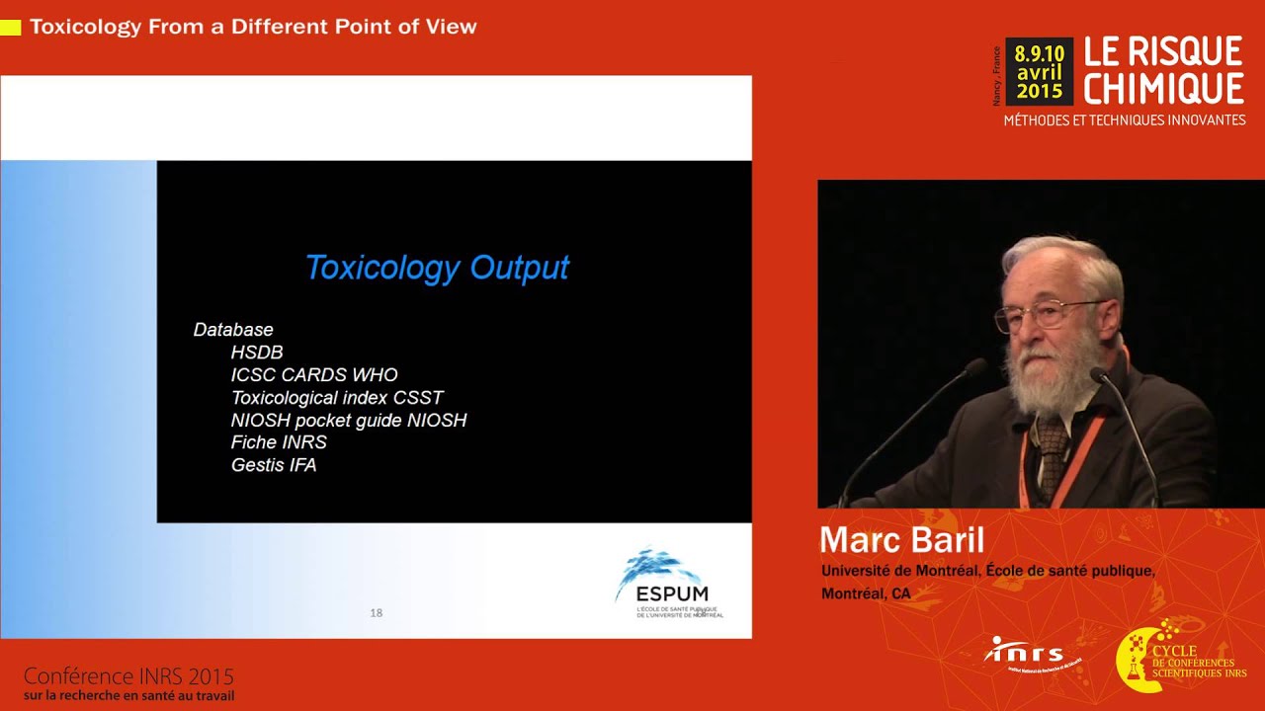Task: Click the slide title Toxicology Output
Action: [x=437, y=268]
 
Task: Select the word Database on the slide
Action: [x=233, y=330]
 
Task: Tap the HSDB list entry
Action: [x=257, y=353]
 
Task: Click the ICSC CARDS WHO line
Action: [x=314, y=375]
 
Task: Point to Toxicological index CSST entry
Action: [x=337, y=398]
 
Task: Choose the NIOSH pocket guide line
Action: [x=348, y=421]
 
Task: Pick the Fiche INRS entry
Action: [x=279, y=442]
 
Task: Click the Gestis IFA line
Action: [x=274, y=465]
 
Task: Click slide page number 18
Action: [x=376, y=613]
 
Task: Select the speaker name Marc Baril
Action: [x=901, y=540]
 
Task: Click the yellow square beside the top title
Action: [x=11, y=28]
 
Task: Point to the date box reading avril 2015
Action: [x=1039, y=72]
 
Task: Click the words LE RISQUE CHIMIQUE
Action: [x=1163, y=70]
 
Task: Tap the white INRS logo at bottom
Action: [x=1026, y=653]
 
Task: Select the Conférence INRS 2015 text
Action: [x=128, y=676]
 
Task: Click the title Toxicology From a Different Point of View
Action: [x=253, y=27]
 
